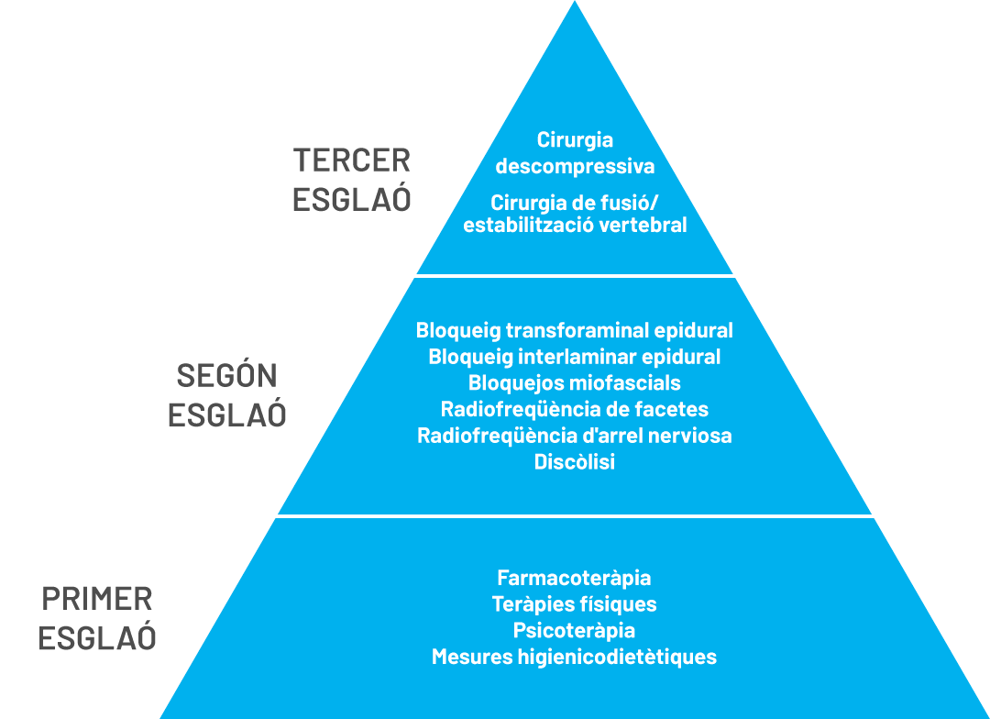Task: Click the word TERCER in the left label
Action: [352, 160]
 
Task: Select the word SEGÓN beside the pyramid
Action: [226, 375]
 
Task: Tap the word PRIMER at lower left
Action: [97, 600]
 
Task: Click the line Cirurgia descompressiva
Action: [575, 153]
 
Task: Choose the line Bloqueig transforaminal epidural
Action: [575, 330]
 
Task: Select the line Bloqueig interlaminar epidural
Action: [575, 357]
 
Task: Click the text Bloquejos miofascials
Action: [575, 382]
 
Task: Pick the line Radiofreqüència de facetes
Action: [575, 409]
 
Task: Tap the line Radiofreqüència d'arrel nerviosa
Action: [575, 436]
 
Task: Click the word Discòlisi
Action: [575, 462]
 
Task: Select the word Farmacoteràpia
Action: [575, 578]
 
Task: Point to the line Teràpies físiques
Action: [575, 604]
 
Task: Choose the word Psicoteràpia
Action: [575, 631]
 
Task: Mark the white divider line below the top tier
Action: [575, 275]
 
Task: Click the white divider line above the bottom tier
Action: [575, 516]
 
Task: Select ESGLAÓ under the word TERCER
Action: [352, 200]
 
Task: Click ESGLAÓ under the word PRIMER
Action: [97, 638]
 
